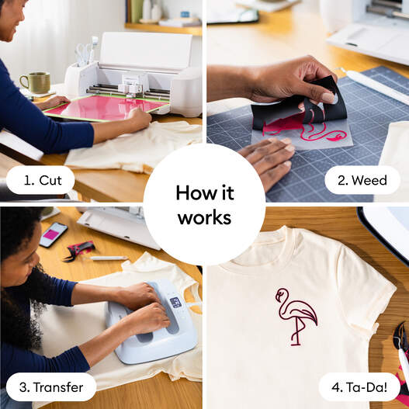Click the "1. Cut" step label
coord(40,180)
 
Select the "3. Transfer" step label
coord(51,386)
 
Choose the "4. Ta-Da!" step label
coord(358,386)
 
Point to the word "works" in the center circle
coord(204,217)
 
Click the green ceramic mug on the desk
coord(34,82)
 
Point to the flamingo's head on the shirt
coord(281,293)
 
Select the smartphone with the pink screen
coord(53,234)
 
